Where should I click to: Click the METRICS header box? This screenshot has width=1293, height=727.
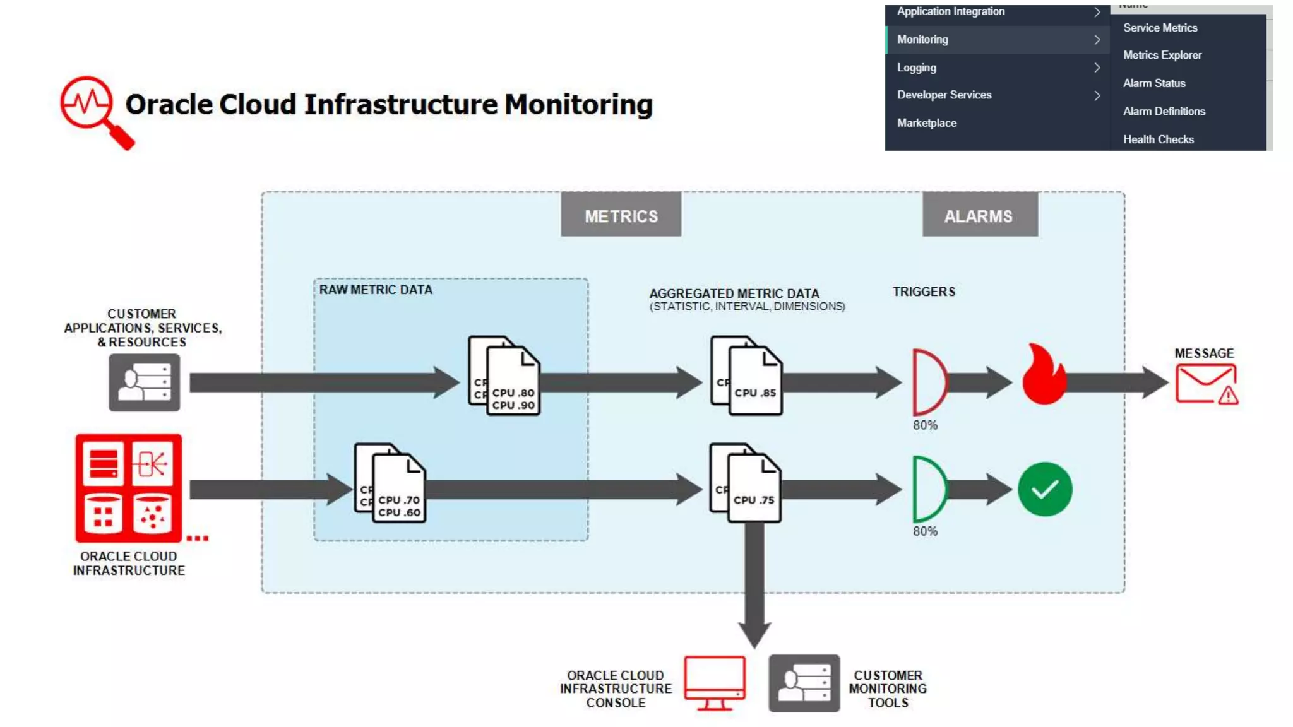click(x=621, y=215)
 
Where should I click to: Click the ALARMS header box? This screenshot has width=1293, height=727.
click(x=979, y=215)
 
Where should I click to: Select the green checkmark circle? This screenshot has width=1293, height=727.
click(x=1045, y=489)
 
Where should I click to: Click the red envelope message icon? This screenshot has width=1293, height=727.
click(x=1205, y=384)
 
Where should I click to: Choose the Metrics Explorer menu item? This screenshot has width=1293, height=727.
click(x=1162, y=55)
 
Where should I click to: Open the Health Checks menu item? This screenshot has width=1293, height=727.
click(x=1158, y=139)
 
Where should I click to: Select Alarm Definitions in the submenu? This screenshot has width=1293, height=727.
click(x=1164, y=111)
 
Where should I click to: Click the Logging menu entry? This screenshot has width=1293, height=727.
click(x=917, y=68)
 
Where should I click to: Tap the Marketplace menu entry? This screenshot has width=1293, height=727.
click(x=926, y=123)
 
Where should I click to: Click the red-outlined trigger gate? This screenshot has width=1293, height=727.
click(x=929, y=382)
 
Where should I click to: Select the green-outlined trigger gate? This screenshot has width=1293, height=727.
click(x=929, y=488)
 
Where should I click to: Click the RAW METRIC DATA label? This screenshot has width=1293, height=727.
click(x=376, y=290)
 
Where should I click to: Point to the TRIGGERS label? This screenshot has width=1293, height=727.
click(x=924, y=292)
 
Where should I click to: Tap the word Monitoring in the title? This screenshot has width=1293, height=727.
click(x=578, y=105)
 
